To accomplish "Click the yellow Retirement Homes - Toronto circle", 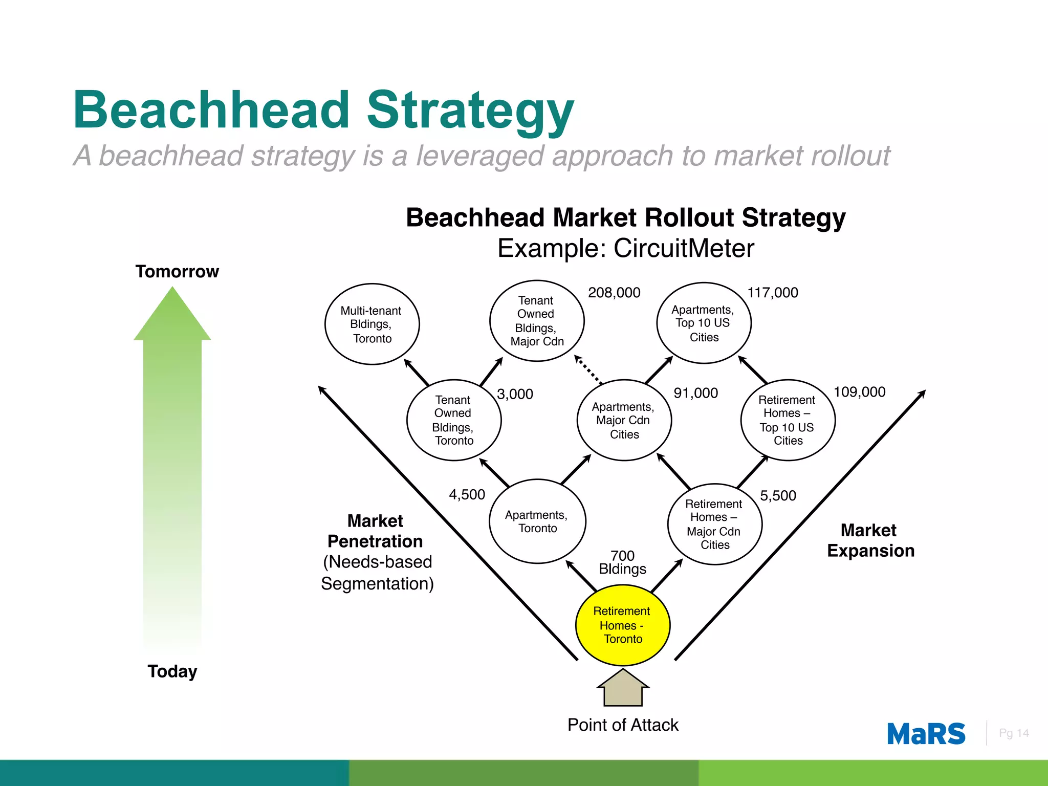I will (623, 625).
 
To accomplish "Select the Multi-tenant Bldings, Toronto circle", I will (372, 324).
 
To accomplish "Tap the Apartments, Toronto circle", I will (537, 521).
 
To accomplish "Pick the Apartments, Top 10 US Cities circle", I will (704, 323).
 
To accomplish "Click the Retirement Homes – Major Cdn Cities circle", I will (715, 524).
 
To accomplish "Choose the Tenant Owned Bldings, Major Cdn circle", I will (537, 321).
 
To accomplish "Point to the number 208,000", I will (614, 293).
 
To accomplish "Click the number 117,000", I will (773, 293).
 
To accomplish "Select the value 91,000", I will (695, 393).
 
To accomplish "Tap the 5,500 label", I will (778, 495).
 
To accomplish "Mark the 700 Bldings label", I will (623, 562).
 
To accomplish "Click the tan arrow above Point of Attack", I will (623, 688).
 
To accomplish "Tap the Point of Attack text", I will (623, 725).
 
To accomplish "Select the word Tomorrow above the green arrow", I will (177, 271).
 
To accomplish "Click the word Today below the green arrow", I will (172, 671).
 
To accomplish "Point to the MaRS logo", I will (926, 734).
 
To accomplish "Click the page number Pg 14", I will (1013, 733).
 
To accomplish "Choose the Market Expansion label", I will (870, 540).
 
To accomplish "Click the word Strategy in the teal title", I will (470, 110).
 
